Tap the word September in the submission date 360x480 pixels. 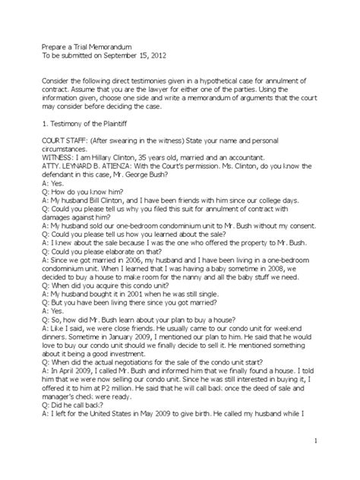point(122,56)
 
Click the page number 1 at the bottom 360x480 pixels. point(335,442)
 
